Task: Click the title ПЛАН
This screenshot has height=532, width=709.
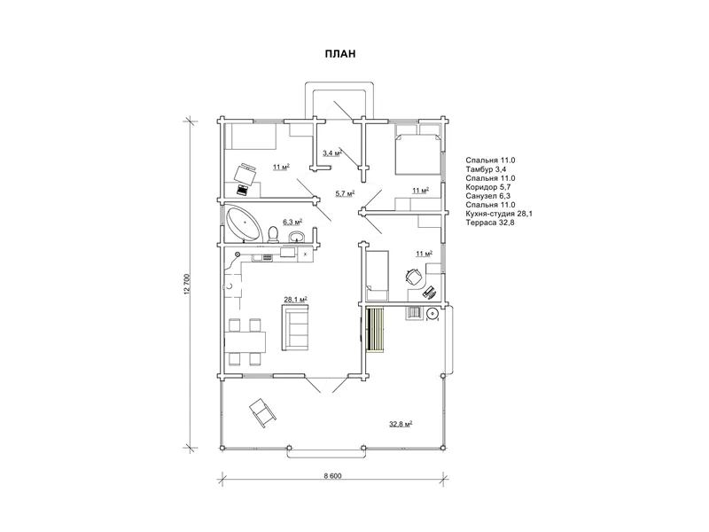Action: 340,54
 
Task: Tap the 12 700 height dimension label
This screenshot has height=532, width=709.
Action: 187,285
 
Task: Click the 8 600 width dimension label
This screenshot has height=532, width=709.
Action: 333,475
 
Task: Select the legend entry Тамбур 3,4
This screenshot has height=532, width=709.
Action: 486,169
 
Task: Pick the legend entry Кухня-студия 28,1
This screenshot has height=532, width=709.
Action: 499,214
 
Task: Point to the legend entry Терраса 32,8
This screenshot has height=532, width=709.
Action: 490,223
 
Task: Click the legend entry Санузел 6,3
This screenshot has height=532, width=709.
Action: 488,196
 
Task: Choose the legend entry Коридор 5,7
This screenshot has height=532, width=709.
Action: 488,187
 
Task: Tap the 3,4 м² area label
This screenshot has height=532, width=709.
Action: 331,153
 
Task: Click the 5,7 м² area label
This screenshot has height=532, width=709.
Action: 345,193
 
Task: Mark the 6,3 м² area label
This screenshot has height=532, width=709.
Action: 292,222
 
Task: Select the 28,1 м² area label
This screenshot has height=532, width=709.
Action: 296,299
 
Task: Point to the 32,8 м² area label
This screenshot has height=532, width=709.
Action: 401,424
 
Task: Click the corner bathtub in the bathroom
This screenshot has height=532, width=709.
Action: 243,224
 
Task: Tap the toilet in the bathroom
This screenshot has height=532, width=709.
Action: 273,234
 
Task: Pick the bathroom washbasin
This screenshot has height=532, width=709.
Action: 297,237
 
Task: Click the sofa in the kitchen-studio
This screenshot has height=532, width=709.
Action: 296,326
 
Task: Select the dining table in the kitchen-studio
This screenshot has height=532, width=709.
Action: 245,342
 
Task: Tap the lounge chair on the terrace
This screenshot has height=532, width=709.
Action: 261,411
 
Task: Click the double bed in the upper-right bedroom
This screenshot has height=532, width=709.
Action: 417,153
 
